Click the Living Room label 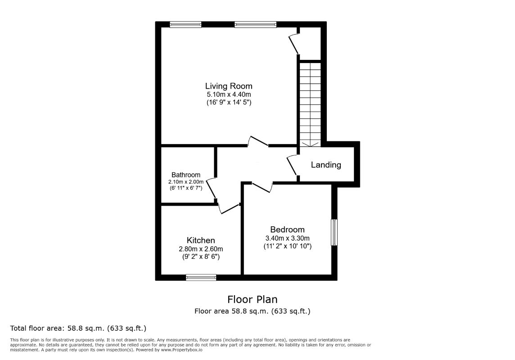point(229,86)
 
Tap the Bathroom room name point(185,175)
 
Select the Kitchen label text point(201,240)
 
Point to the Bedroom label point(287,229)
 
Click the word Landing point(326,165)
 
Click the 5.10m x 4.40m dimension point(229,94)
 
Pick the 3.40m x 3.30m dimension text point(287,238)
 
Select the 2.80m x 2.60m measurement point(201,249)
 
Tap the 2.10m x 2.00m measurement point(185,182)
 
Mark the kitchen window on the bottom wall point(201,278)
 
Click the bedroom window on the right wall point(334,232)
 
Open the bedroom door point(262,186)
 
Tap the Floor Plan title point(252,299)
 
